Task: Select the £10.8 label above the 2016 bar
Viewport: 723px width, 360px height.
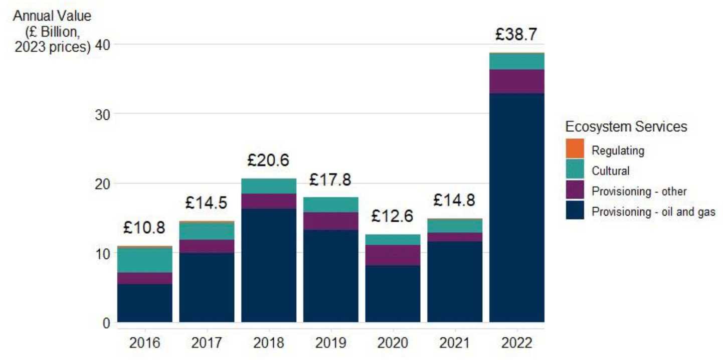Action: tap(144, 228)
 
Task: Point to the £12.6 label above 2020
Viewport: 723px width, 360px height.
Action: tap(392, 216)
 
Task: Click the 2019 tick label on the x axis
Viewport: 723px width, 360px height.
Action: tap(330, 343)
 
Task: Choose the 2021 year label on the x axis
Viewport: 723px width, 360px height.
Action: tap(454, 343)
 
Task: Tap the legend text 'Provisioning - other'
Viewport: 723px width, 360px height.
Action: tap(639, 191)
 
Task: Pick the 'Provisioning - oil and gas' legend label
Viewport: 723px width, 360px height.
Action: tap(653, 212)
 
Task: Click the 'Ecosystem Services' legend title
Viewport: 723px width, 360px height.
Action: tap(626, 127)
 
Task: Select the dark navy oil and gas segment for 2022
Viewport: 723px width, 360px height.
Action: tap(516, 208)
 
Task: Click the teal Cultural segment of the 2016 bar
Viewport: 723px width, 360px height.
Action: tap(144, 260)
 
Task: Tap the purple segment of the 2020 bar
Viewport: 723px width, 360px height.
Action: tap(393, 255)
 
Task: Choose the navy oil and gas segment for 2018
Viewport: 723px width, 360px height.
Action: tap(269, 265)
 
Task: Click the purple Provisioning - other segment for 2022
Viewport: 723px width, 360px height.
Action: tap(516, 81)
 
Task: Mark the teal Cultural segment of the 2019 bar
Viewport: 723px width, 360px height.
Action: tap(330, 205)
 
